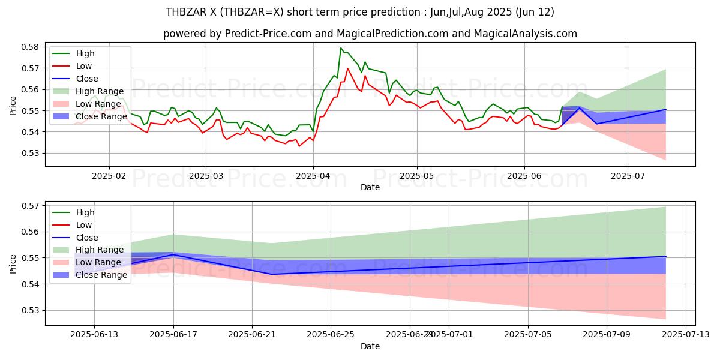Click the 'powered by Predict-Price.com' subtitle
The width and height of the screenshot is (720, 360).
point(370,34)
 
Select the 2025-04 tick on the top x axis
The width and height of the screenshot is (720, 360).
point(313,176)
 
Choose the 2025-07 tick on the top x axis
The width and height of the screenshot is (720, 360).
point(628,176)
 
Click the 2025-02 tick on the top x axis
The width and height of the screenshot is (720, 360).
point(109,176)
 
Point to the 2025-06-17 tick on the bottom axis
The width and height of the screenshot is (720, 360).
point(173,335)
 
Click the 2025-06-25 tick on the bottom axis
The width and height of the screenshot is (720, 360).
point(331,335)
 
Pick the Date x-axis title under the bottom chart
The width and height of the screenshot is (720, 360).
point(370,347)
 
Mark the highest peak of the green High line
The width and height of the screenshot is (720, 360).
point(341,48)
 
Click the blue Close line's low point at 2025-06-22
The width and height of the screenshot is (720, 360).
point(272,274)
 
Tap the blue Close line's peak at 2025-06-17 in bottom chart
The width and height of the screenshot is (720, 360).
point(173,254)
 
